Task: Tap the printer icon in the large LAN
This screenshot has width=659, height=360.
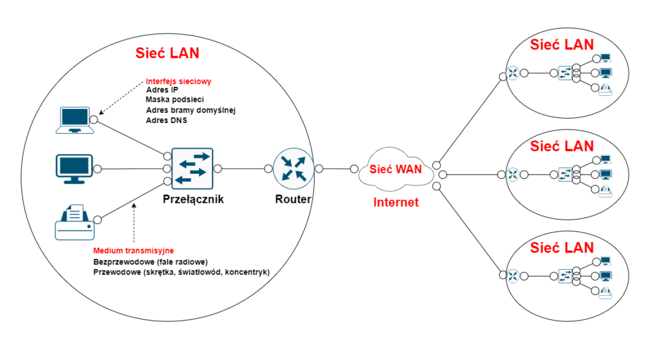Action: click(73, 222)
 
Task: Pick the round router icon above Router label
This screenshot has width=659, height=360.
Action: click(293, 169)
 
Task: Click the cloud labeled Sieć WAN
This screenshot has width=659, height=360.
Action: click(394, 169)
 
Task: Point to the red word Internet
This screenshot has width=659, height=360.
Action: click(396, 202)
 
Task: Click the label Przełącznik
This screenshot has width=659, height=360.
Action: click(193, 199)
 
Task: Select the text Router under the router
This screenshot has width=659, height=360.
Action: click(293, 199)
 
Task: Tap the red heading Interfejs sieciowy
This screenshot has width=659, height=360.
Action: click(178, 82)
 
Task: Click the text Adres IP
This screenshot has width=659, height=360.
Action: click(162, 91)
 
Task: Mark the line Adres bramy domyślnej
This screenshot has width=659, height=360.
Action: click(190, 110)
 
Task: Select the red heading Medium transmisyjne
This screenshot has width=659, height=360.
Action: click(134, 251)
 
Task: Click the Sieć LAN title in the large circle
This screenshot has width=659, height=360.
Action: click(167, 53)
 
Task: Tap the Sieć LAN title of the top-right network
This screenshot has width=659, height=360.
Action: click(561, 44)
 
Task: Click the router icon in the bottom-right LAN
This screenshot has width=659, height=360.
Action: click(513, 276)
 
